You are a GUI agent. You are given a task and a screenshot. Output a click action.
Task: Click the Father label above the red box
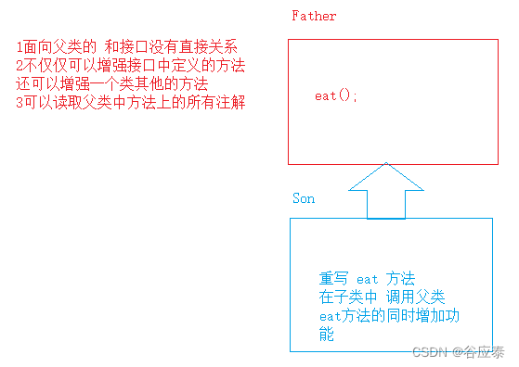pyautogui.click(x=313, y=16)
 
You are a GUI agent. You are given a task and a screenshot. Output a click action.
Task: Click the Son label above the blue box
pyautogui.click(x=304, y=198)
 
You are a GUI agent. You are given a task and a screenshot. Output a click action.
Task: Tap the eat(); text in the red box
pyautogui.click(x=336, y=96)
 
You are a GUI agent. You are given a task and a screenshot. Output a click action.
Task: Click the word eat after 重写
pyautogui.click(x=369, y=279)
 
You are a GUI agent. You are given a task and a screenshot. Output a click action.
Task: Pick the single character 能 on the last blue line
pyautogui.click(x=326, y=334)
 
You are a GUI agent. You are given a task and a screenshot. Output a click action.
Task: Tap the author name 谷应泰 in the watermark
pyautogui.click(x=486, y=352)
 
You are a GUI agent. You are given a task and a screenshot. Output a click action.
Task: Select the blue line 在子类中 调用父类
pyautogui.click(x=382, y=297)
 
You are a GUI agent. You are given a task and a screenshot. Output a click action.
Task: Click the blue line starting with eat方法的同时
pyautogui.click(x=390, y=316)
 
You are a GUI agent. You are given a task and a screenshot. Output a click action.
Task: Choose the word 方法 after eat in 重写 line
pyautogui.click(x=401, y=279)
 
